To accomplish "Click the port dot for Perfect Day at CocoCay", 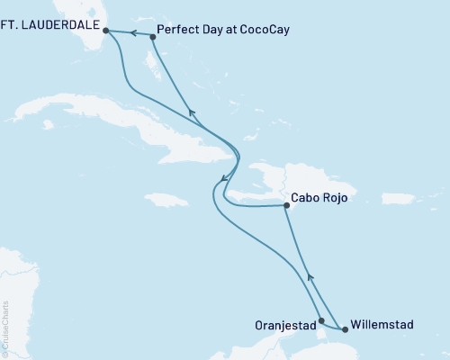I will (152, 37).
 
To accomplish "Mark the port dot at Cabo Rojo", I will (286, 206).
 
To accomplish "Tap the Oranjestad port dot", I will (321, 319).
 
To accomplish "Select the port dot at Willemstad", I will (345, 329).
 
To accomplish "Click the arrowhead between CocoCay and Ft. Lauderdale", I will (130, 33).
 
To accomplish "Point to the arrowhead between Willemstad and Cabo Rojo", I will (310, 277).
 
